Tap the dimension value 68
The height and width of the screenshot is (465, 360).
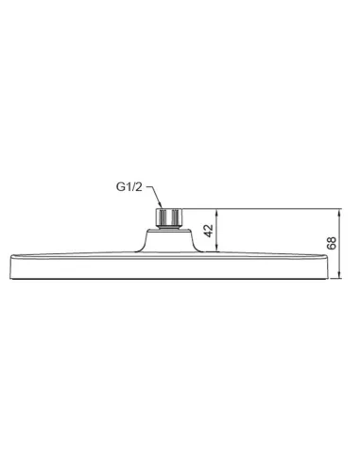(x=331, y=244)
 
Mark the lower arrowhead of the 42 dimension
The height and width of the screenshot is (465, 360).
(x=221, y=253)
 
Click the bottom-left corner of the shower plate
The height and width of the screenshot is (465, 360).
(x=15, y=279)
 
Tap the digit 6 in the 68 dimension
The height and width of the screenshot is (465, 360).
(x=331, y=249)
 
